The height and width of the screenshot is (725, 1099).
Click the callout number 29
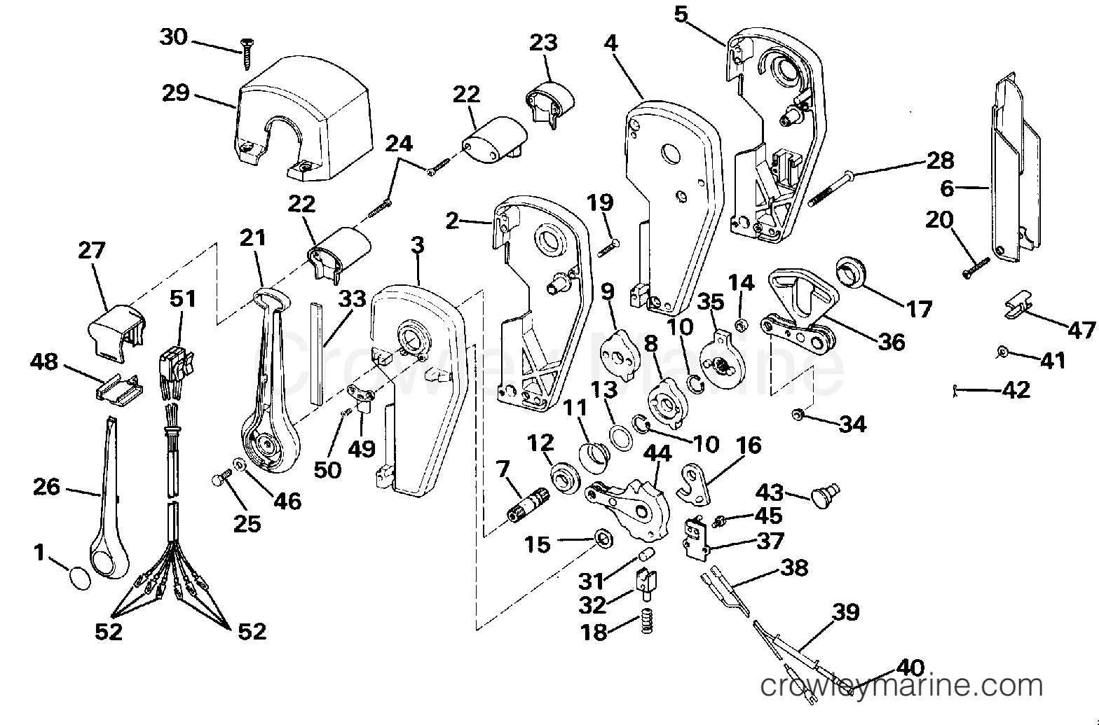coord(176,92)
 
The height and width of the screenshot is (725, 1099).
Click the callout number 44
coord(657,453)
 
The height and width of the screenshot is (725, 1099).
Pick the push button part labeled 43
coord(826,496)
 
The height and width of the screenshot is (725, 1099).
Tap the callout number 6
coord(946,188)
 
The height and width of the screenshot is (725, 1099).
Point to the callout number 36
coord(892,342)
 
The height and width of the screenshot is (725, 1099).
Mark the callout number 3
coord(417,244)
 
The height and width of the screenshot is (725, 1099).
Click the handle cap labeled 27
coord(118,333)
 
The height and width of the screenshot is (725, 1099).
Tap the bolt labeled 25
coord(221,478)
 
